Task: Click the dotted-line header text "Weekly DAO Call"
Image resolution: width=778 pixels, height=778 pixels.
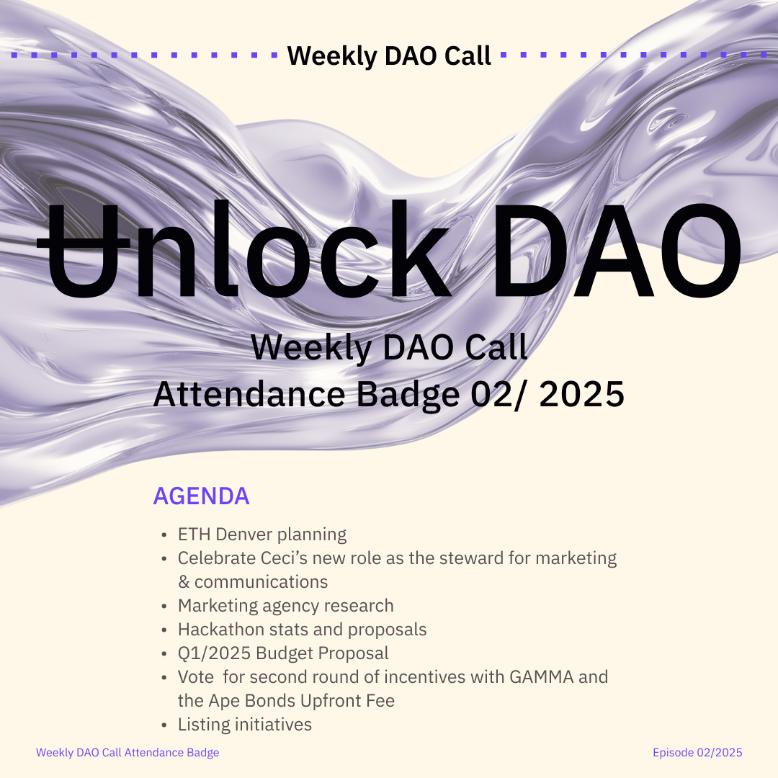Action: [389, 55]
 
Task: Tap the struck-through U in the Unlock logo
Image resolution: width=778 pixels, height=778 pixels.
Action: [84, 251]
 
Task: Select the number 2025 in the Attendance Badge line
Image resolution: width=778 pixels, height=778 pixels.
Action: [581, 395]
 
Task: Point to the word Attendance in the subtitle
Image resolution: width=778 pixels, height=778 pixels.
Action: [249, 395]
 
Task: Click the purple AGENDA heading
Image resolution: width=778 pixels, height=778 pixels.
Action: [201, 496]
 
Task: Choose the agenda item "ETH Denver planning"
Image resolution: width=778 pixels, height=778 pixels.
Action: [262, 535]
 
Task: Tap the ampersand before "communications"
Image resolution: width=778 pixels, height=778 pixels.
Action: [184, 582]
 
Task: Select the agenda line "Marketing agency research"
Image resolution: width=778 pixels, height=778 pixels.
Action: [286, 606]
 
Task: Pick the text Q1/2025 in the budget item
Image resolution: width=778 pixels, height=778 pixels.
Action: [215, 653]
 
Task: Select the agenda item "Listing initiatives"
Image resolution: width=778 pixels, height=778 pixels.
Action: [245, 725]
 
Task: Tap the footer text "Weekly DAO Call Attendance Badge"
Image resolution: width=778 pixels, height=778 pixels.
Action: [128, 753]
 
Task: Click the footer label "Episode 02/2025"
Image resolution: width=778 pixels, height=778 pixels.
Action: [697, 753]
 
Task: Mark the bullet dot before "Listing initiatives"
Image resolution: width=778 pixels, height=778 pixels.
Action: [164, 725]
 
